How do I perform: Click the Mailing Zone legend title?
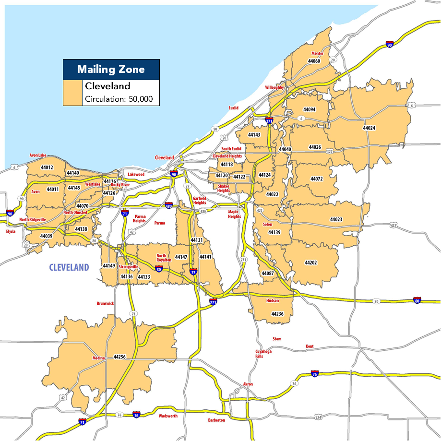point(111,70)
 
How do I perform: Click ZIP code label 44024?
point(369,128)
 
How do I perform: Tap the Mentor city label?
point(317,54)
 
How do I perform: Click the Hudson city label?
point(272,301)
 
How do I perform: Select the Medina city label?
point(98,358)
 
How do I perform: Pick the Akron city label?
point(248,384)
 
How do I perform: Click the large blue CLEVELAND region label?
point(69,267)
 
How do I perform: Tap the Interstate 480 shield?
point(168,206)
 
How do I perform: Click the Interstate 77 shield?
point(193,272)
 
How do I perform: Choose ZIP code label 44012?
point(47,167)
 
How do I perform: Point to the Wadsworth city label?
point(168,416)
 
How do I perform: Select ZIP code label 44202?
point(311,262)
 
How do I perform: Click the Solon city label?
point(267,225)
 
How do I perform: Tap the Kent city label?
point(310,346)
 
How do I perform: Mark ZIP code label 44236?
point(277,314)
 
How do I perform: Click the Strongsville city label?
point(128,266)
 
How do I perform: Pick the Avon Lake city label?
point(38,155)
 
